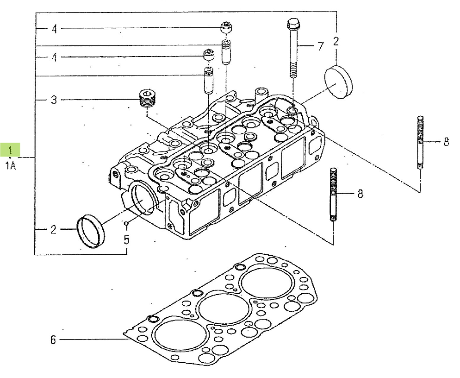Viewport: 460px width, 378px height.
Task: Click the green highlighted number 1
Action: point(10,150)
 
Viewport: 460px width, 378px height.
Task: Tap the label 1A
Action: point(11,166)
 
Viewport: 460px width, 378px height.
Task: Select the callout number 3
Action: point(54,100)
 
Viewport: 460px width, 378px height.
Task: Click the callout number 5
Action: point(126,239)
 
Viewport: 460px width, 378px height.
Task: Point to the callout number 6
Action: point(53,340)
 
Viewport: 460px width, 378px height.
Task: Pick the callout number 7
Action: point(320,46)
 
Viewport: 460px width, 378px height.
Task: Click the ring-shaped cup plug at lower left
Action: point(90,232)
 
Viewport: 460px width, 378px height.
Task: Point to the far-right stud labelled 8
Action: point(421,143)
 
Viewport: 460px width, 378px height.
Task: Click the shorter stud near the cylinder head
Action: point(333,194)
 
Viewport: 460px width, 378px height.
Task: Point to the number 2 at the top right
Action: point(336,41)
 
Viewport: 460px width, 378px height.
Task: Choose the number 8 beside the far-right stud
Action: point(446,142)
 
